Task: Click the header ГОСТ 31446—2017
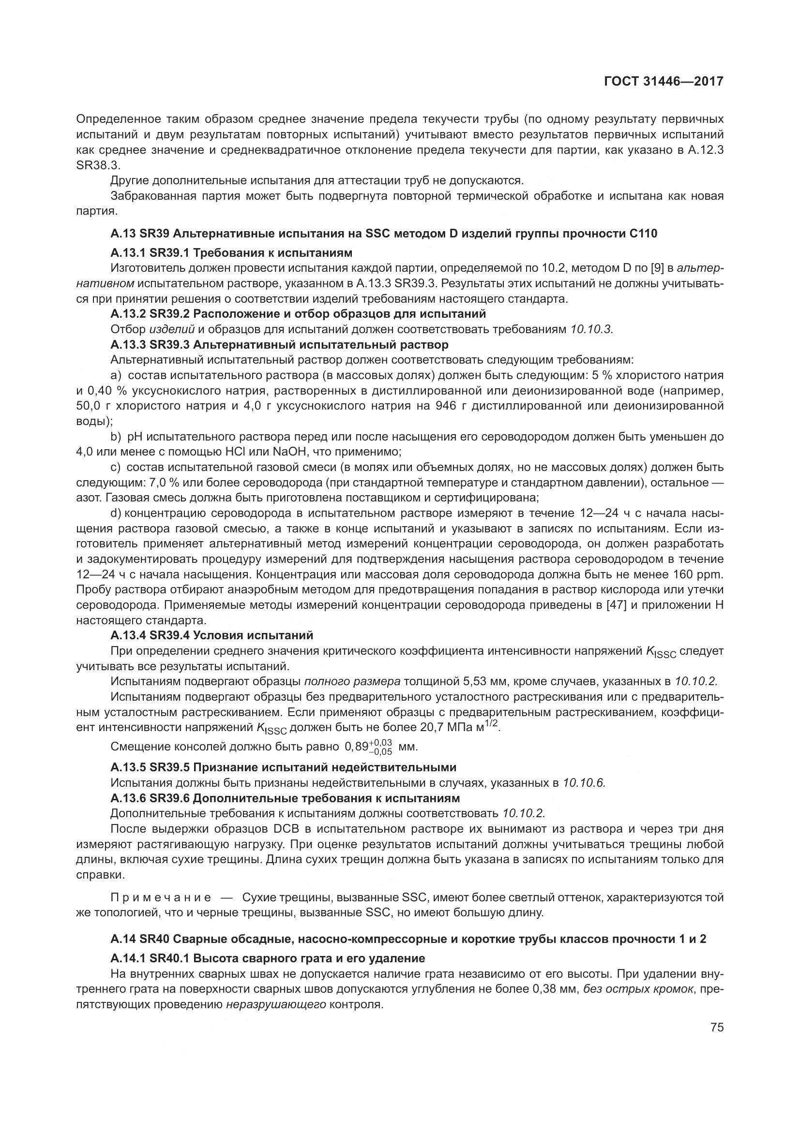coord(664,82)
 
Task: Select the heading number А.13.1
coord(128,253)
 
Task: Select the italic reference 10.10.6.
coord(584,783)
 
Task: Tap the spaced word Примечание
coord(162,897)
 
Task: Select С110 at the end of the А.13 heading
coord(643,234)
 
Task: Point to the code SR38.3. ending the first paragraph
coord(99,165)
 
